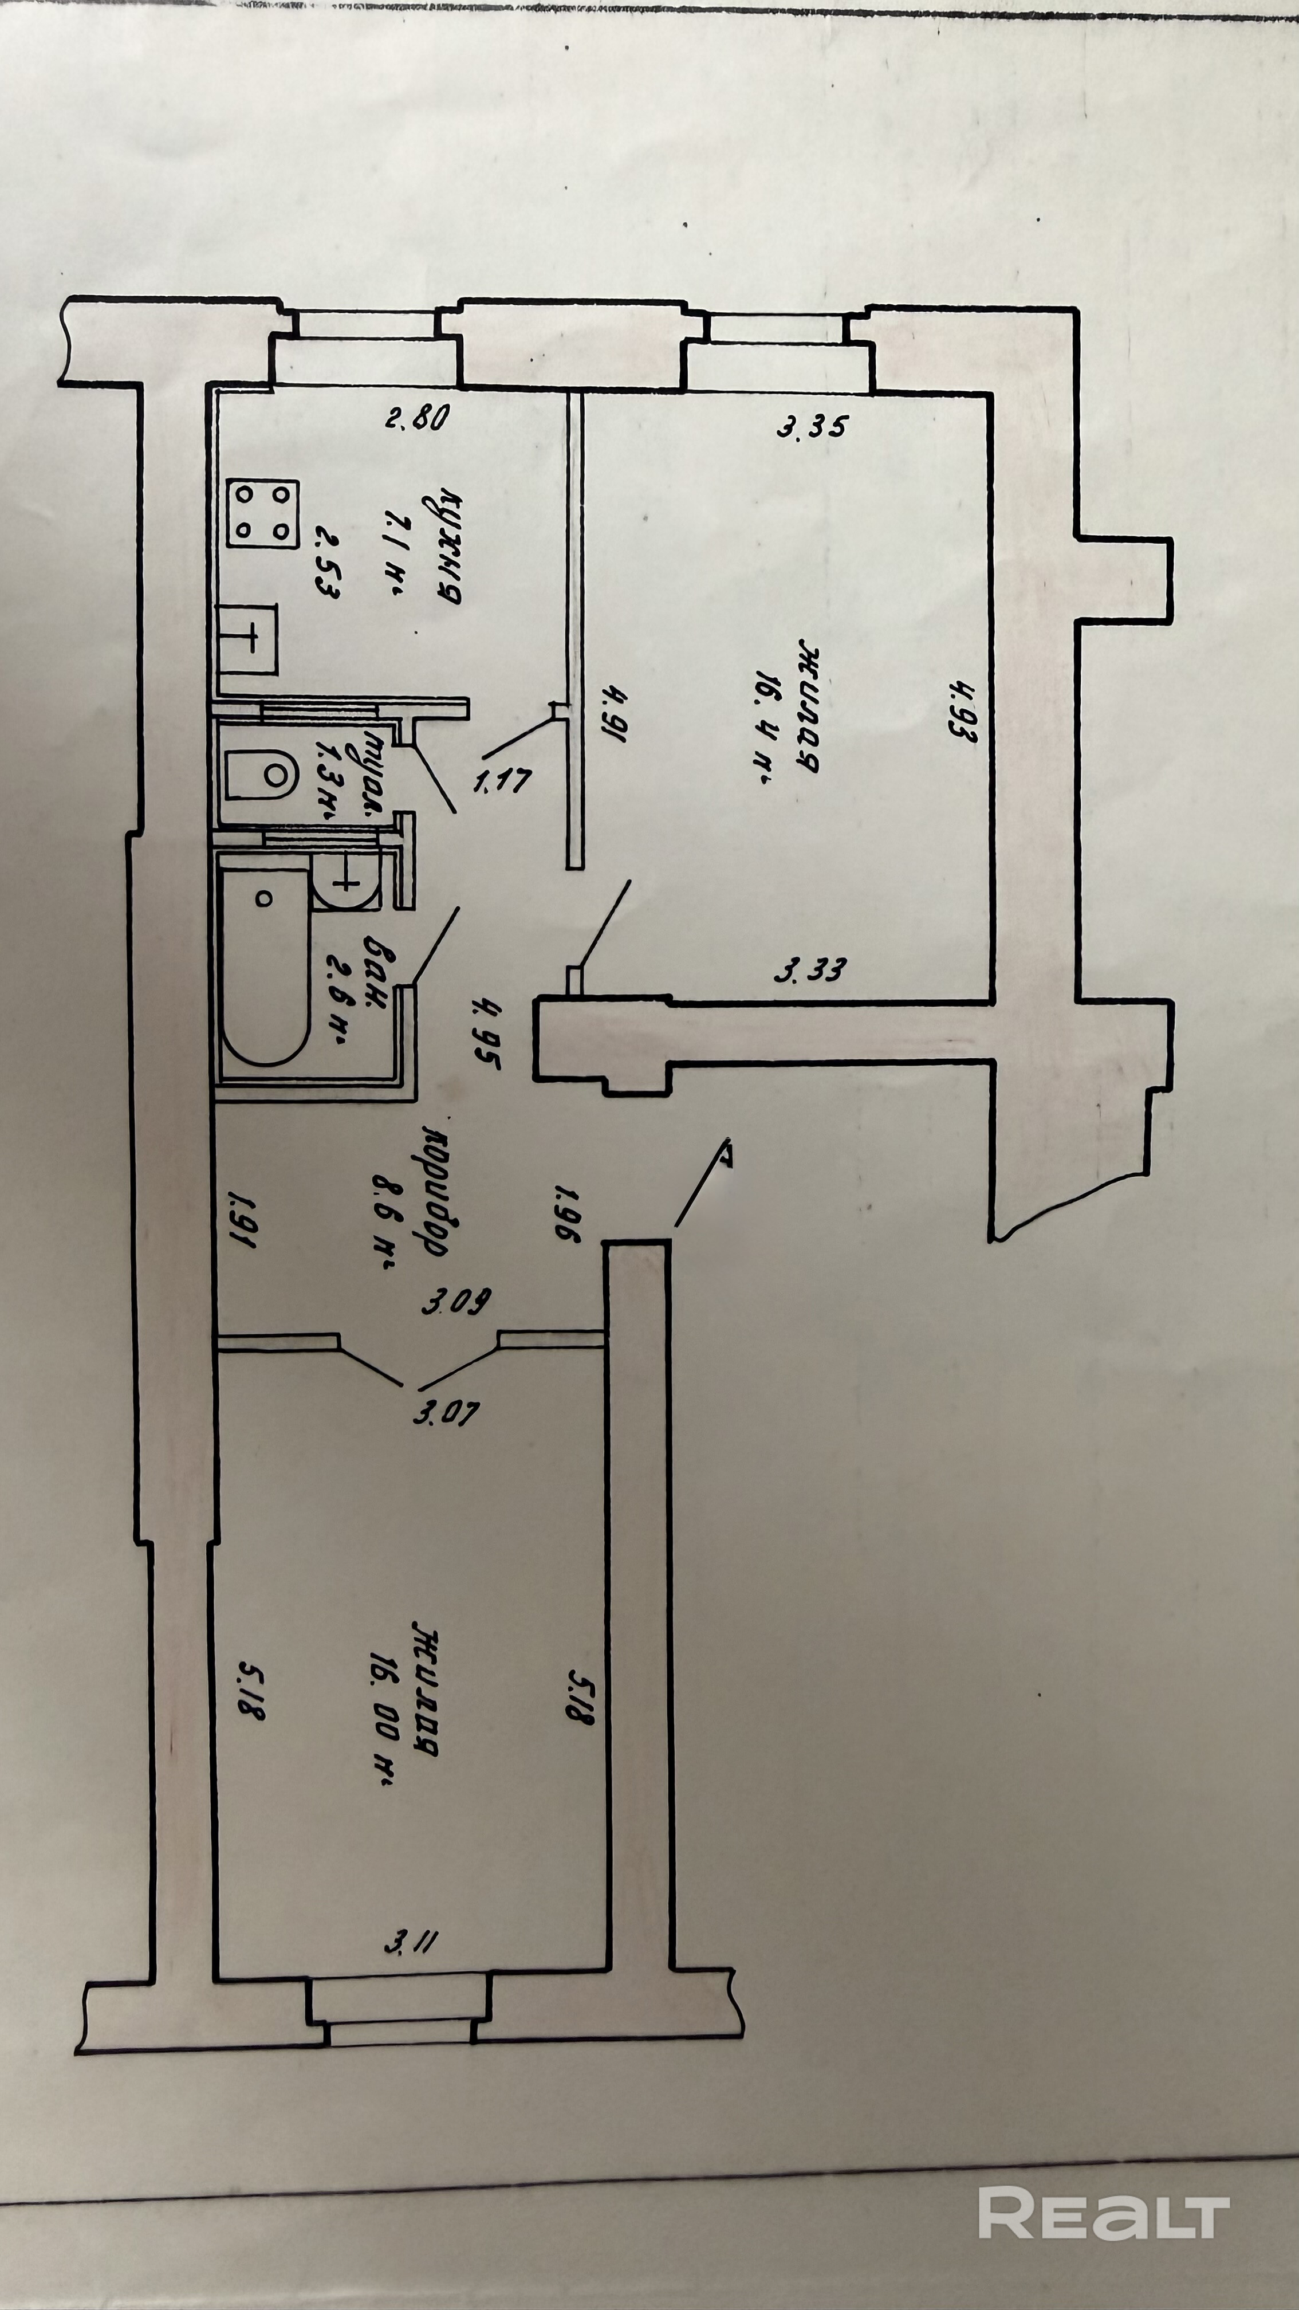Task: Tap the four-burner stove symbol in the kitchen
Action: pyautogui.click(x=262, y=513)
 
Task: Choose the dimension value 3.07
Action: pyautogui.click(x=446, y=1414)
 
